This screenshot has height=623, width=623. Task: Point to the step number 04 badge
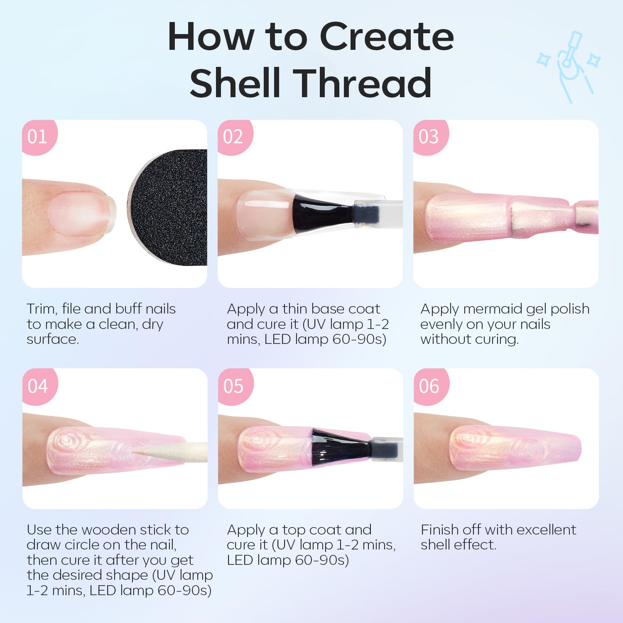pyautogui.click(x=38, y=386)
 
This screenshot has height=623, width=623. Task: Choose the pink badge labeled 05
pyautogui.click(x=233, y=386)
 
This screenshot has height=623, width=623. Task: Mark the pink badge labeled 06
pyautogui.click(x=429, y=386)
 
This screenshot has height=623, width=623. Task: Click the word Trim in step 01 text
pyautogui.click(x=41, y=309)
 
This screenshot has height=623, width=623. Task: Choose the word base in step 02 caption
pyautogui.click(x=328, y=309)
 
